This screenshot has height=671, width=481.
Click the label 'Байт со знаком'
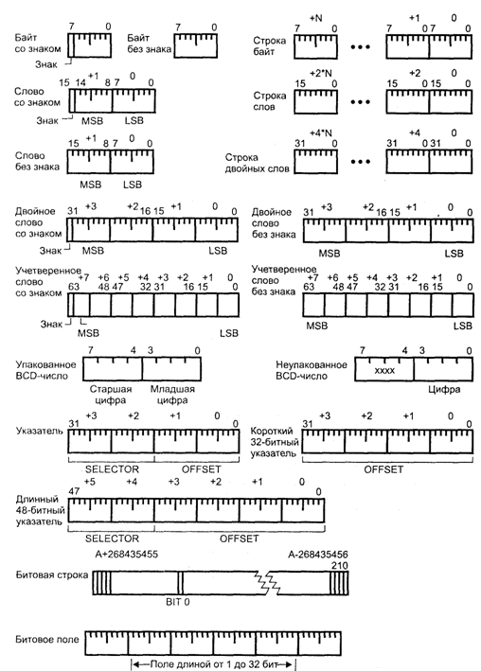pyautogui.click(x=38, y=44)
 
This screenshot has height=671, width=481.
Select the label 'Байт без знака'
pyautogui.click(x=149, y=44)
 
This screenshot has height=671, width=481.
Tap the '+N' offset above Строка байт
pyautogui.click(x=315, y=18)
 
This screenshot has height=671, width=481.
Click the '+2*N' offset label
pyautogui.click(x=321, y=73)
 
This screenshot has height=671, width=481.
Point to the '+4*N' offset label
pyautogui.click(x=321, y=133)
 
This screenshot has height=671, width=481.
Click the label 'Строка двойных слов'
pyautogui.click(x=257, y=163)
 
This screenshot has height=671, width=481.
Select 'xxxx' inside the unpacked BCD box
pyautogui.click(x=384, y=371)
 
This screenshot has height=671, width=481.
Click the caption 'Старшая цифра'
pyautogui.click(x=111, y=395)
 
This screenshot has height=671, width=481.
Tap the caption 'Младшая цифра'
pyautogui.click(x=172, y=395)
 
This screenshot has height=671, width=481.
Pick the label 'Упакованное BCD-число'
pyautogui.click(x=45, y=370)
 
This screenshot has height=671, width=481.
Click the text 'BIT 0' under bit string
pyautogui.click(x=178, y=602)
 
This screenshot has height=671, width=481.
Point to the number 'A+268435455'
pyautogui.click(x=126, y=555)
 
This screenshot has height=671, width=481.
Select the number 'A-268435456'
pyautogui.click(x=318, y=555)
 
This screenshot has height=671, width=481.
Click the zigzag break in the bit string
pyautogui.click(x=268, y=582)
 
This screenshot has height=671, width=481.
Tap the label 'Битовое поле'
pyautogui.click(x=47, y=640)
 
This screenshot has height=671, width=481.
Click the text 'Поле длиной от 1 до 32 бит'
pyautogui.click(x=213, y=664)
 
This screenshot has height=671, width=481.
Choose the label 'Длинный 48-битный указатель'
pyautogui.click(x=41, y=510)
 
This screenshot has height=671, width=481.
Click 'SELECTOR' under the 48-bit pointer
pyautogui.click(x=113, y=539)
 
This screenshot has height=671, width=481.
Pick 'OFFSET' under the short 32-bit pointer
pyautogui.click(x=383, y=469)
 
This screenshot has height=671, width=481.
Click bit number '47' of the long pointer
pyautogui.click(x=74, y=491)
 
